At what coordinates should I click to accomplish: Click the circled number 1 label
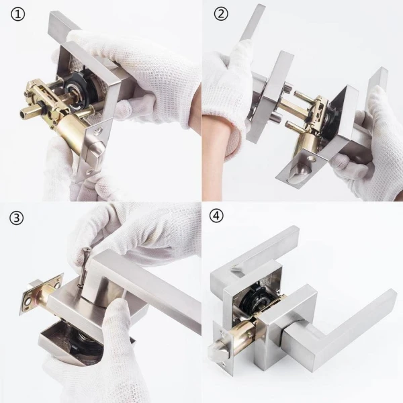tap(17, 14)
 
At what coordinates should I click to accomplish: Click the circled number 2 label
tap(221, 13)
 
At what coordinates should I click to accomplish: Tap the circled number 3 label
tap(16, 218)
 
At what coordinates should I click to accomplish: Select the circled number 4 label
tap(216, 216)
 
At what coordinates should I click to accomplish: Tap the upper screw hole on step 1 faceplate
tap(97, 132)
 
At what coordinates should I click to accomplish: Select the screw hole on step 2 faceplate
tap(312, 159)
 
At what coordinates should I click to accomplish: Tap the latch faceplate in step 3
tap(41, 294)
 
